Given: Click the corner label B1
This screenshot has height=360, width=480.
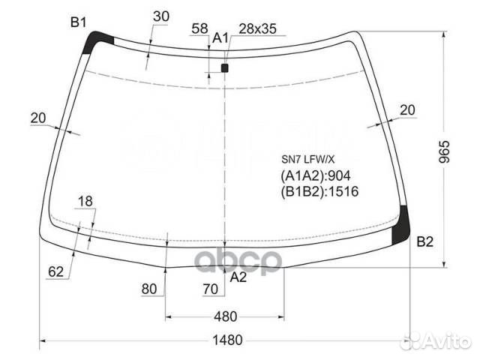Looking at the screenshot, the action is (78, 22).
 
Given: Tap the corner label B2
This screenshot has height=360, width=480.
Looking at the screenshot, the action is (425, 241).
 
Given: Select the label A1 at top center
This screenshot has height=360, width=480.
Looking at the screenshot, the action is (220, 38).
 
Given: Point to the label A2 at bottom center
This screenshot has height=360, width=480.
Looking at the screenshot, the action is (238, 277).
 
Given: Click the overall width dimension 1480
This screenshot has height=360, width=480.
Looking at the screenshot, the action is (227, 340).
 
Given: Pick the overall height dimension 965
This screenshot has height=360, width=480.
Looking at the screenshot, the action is (444, 151).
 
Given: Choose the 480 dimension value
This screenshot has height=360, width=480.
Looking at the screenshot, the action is (225, 316).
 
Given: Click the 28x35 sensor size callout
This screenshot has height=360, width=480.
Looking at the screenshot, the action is (257, 28).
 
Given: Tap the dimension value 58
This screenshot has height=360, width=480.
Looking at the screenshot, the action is (199, 28).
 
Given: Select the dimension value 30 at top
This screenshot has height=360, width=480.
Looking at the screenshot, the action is (161, 16).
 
